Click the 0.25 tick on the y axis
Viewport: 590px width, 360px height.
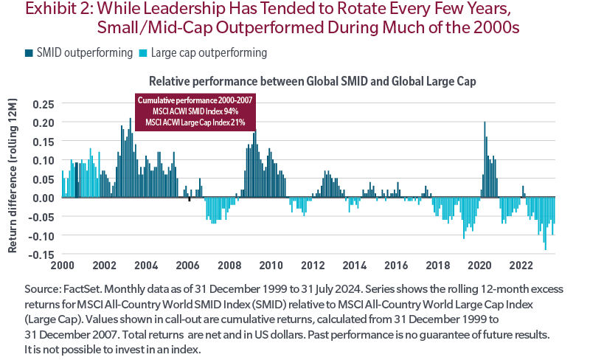point(44,103)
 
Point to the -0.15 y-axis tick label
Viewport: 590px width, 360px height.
point(42,254)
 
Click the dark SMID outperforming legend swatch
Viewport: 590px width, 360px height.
point(28,53)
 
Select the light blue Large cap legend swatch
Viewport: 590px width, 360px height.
point(141,53)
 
